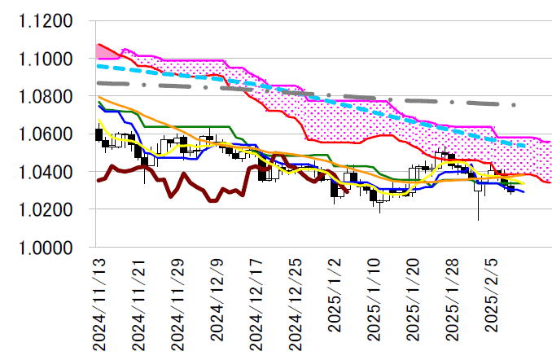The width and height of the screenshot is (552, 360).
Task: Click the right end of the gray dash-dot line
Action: tap(515, 105)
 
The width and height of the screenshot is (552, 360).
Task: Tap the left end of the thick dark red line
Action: tap(98, 180)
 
